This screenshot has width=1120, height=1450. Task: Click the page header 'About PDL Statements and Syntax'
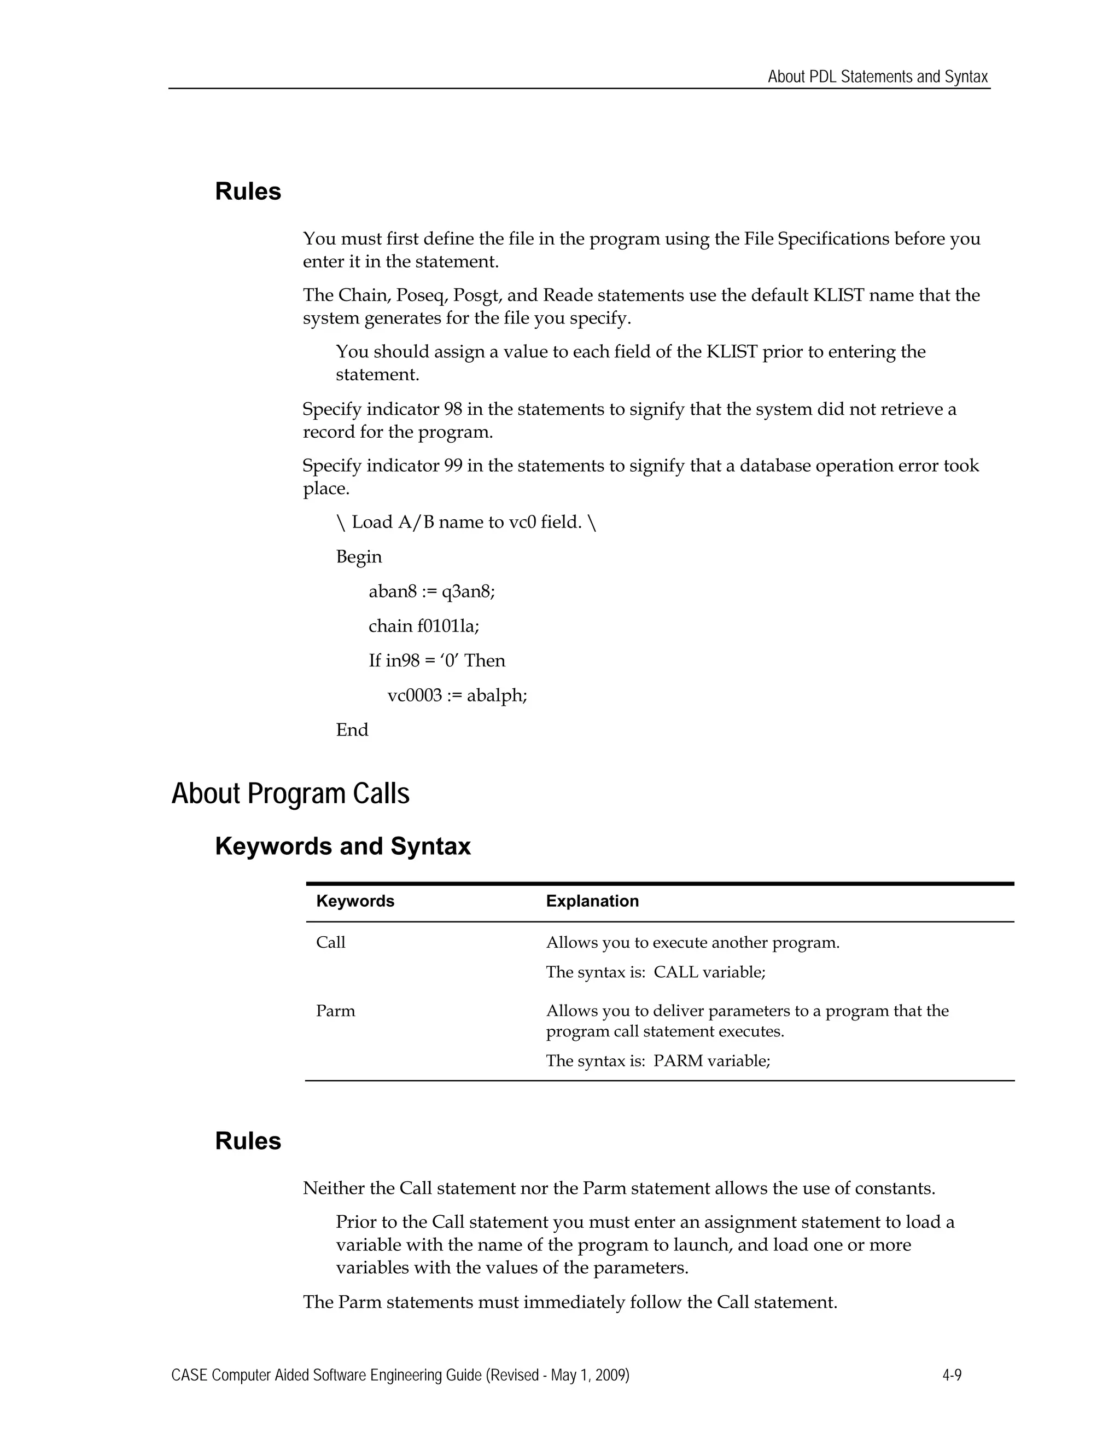pos(877,77)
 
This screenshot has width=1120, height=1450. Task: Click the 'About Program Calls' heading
pos(290,793)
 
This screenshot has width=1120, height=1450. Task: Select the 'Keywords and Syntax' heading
pos(342,846)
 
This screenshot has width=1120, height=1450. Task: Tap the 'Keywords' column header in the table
pos(355,901)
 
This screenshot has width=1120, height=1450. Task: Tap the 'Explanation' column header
pos(592,901)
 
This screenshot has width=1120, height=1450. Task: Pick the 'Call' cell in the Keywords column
pos(330,943)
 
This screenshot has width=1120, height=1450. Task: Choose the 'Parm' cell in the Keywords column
pos(335,1011)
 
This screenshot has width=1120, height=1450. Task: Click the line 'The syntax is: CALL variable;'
pos(656,973)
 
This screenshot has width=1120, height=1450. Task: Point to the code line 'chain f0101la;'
pos(423,626)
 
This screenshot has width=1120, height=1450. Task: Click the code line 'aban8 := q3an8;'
pos(431,591)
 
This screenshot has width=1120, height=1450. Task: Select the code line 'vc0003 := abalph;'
pos(457,696)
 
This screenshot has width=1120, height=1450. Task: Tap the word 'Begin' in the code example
pos(358,557)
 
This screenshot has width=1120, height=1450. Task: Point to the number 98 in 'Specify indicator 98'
pos(452,410)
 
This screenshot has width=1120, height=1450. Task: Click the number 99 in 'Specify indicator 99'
pos(452,466)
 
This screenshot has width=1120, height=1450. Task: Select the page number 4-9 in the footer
pos(952,1375)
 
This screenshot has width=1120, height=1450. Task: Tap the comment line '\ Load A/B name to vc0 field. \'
pos(466,523)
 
